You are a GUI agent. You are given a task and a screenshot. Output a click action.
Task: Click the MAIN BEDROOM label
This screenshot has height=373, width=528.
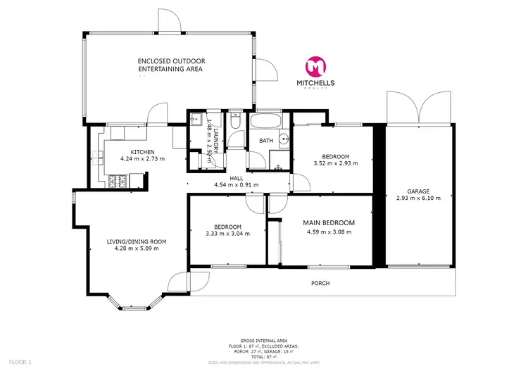(x=328, y=223)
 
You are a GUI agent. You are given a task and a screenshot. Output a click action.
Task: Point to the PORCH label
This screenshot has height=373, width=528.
(x=320, y=283)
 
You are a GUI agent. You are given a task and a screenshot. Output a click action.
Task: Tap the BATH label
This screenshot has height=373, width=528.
(x=266, y=141)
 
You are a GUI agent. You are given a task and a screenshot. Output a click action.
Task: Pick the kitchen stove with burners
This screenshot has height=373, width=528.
(x=118, y=181)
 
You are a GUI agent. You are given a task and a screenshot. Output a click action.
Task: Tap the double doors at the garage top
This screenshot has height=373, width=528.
(x=419, y=108)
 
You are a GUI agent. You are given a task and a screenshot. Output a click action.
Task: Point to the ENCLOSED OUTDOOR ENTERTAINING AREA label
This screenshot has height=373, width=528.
(x=170, y=65)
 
